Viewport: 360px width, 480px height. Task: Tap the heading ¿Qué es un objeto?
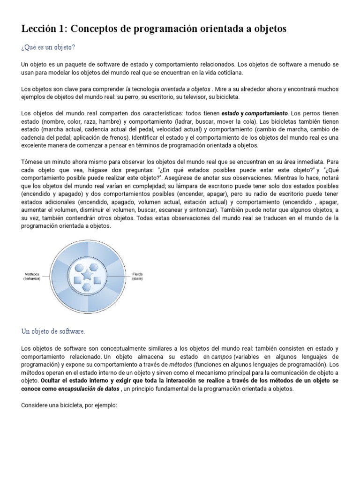(x=48, y=47)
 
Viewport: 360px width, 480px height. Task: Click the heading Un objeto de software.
(x=53, y=331)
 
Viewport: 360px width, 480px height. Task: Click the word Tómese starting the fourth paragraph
(x=33, y=162)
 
